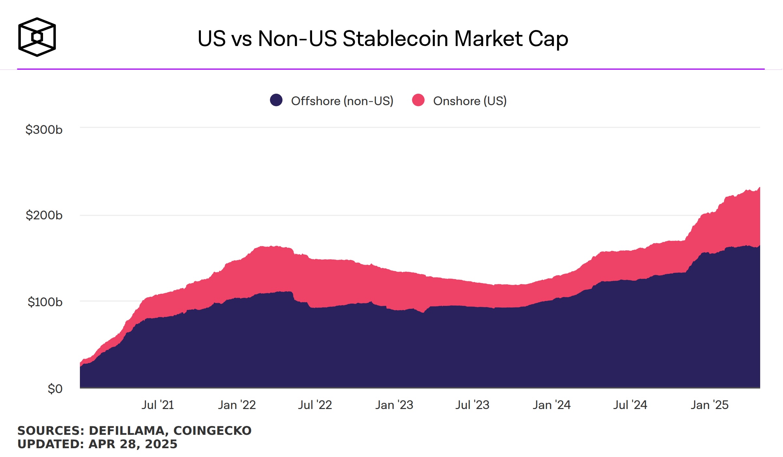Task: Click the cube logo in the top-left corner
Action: pyautogui.click(x=37, y=37)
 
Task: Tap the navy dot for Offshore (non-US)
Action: pyautogui.click(x=276, y=100)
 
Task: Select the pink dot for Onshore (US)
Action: pyautogui.click(x=418, y=100)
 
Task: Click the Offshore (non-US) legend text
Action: pyautogui.click(x=342, y=101)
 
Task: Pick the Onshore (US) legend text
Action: pyautogui.click(x=470, y=101)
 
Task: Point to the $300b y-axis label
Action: pyautogui.click(x=44, y=130)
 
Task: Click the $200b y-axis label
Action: pyautogui.click(x=44, y=215)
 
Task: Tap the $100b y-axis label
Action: pyautogui.click(x=45, y=302)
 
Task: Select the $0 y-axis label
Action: pyautogui.click(x=55, y=389)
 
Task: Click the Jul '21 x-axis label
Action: pyautogui.click(x=158, y=405)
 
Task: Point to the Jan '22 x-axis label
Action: pyautogui.click(x=237, y=405)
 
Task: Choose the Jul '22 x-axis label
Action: pyautogui.click(x=315, y=405)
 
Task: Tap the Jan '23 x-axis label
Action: pyautogui.click(x=394, y=405)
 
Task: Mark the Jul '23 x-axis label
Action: pyautogui.click(x=472, y=405)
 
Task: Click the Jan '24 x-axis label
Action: pyautogui.click(x=551, y=405)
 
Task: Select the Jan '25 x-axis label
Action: pyautogui.click(x=709, y=405)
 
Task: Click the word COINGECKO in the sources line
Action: pyautogui.click(x=212, y=431)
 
